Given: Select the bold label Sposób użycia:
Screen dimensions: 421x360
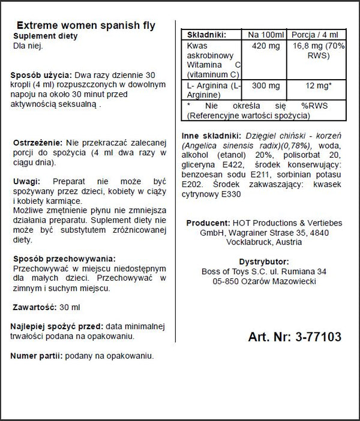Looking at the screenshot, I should [x=41, y=75].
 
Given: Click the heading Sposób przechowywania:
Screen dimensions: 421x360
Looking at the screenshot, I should [x=60, y=258].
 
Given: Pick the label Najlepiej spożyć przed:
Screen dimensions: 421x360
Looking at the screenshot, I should [x=56, y=326].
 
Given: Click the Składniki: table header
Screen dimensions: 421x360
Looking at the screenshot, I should [x=207, y=35].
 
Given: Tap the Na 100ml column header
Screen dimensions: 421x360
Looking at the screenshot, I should [x=264, y=35].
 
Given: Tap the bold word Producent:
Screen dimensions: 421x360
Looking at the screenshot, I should [x=208, y=222].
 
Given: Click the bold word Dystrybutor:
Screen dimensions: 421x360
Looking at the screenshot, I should [x=264, y=261].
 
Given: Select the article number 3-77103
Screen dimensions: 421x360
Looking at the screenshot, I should [x=319, y=338].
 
